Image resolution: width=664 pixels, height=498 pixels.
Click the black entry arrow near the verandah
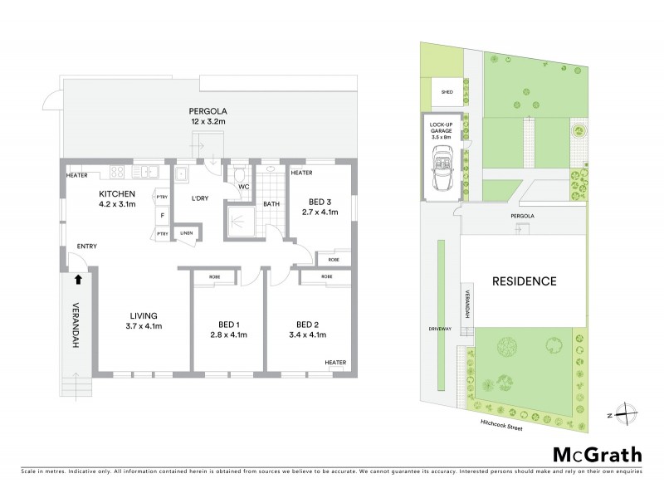pyautogui.click(x=78, y=281)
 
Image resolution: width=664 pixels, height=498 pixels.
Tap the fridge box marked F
pyautogui.click(x=162, y=215)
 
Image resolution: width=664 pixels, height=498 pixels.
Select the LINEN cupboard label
pyautogui.click(x=186, y=234)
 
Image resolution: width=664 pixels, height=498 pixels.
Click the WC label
pyautogui.click(x=244, y=188)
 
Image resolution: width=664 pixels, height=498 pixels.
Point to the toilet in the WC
pyautogui.click(x=239, y=173)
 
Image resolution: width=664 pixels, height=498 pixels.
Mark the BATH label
pyautogui.click(x=271, y=203)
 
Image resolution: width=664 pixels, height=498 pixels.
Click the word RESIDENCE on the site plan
pyautogui.click(x=524, y=281)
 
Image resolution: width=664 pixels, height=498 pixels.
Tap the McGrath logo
pyautogui.click(x=597, y=454)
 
